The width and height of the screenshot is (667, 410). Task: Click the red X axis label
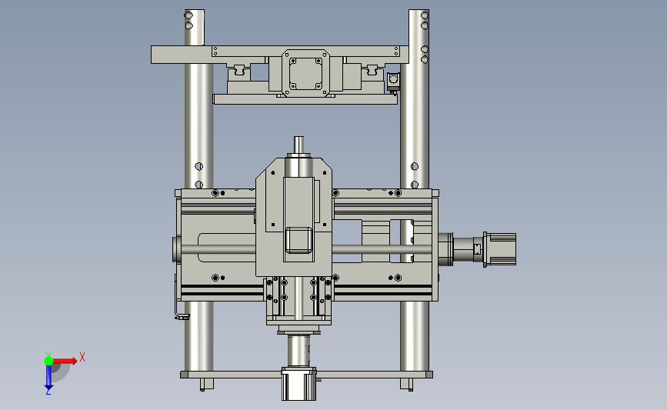(x=82, y=357)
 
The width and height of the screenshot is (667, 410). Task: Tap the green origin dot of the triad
(x=48, y=361)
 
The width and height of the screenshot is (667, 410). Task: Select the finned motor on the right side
(x=500, y=249)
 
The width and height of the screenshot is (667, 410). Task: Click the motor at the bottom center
(x=298, y=384)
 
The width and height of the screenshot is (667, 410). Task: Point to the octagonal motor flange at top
(x=306, y=73)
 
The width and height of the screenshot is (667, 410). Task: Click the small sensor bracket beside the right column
(x=393, y=82)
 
